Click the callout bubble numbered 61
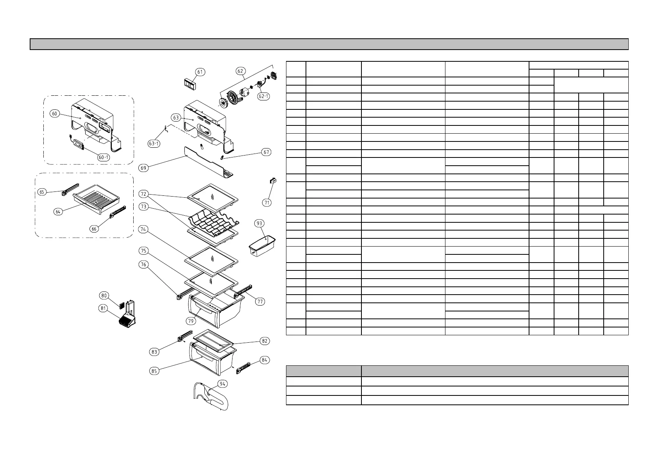pos(200,72)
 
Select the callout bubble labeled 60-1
pos(104,157)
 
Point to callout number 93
pos(259,223)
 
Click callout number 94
pos(222,384)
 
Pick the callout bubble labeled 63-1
pos(154,143)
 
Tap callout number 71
pos(267,202)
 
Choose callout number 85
pos(154,371)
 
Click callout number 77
pos(260,301)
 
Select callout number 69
pos(144,168)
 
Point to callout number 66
pos(94,229)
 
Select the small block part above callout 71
pos(273,181)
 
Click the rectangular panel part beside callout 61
pos(190,83)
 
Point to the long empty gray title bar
pos(329,44)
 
